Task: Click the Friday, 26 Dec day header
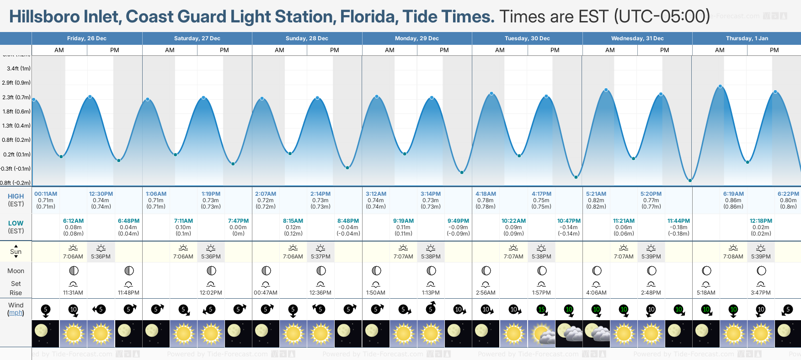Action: pyautogui.click(x=87, y=38)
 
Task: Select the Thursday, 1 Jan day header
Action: pyautogui.click(x=747, y=38)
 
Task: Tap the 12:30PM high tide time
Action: pyautogui.click(x=101, y=194)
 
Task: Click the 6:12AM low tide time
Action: pyautogui.click(x=73, y=221)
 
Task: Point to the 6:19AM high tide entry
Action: pyautogui.click(x=733, y=194)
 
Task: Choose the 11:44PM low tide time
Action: pyautogui.click(x=678, y=221)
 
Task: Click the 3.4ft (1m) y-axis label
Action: pyautogui.click(x=19, y=69)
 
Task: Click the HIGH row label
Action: pyautogui.click(x=16, y=196)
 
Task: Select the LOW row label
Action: pyautogui.click(x=16, y=223)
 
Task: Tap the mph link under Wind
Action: pyautogui.click(x=16, y=313)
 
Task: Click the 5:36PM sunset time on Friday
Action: pyautogui.click(x=101, y=257)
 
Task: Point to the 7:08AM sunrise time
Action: pyautogui.click(x=733, y=257)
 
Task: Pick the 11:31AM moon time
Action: pyautogui.click(x=73, y=293)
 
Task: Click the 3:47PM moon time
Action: pyautogui.click(x=761, y=293)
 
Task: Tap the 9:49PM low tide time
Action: pyautogui.click(x=458, y=221)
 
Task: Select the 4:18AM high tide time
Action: pyautogui.click(x=486, y=194)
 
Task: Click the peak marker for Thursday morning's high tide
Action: pyautogui.click(x=721, y=86)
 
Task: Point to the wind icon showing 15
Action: pyautogui.click(x=541, y=310)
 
